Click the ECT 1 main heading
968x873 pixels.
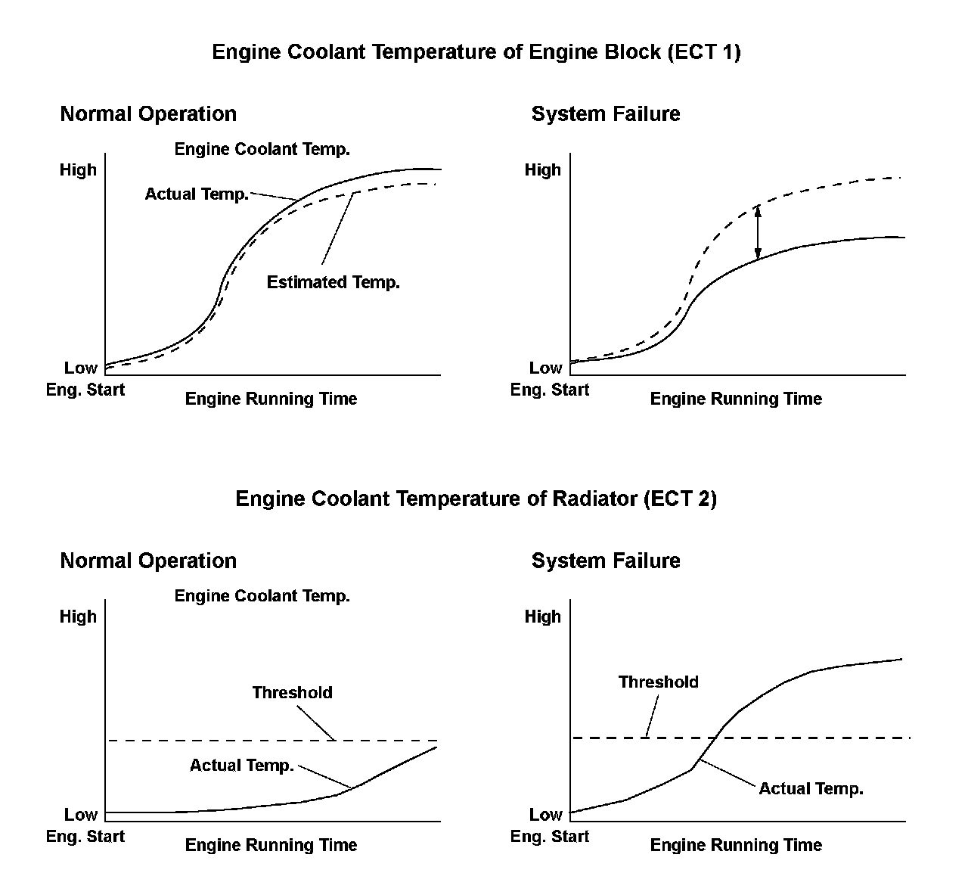476,52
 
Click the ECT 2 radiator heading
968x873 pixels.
476,499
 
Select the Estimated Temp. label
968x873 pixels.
333,283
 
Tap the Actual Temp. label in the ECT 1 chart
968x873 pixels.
197,194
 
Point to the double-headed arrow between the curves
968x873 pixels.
758,233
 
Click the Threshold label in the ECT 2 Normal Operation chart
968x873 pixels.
292,693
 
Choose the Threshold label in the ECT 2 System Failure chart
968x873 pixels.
658,682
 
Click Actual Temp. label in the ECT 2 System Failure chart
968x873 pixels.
811,789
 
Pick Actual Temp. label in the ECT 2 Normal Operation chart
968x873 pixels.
241,766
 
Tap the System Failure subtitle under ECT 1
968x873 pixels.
606,114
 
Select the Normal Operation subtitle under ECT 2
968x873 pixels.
148,561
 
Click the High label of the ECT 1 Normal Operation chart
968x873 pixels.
79,170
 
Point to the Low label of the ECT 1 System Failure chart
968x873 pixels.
545,368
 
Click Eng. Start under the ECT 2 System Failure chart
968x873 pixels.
550,837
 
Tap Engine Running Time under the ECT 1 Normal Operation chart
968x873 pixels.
271,399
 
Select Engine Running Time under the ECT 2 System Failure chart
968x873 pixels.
736,845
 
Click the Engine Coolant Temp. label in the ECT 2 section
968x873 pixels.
262,596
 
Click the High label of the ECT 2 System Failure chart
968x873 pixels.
543,617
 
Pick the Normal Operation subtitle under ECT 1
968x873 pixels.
148,114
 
